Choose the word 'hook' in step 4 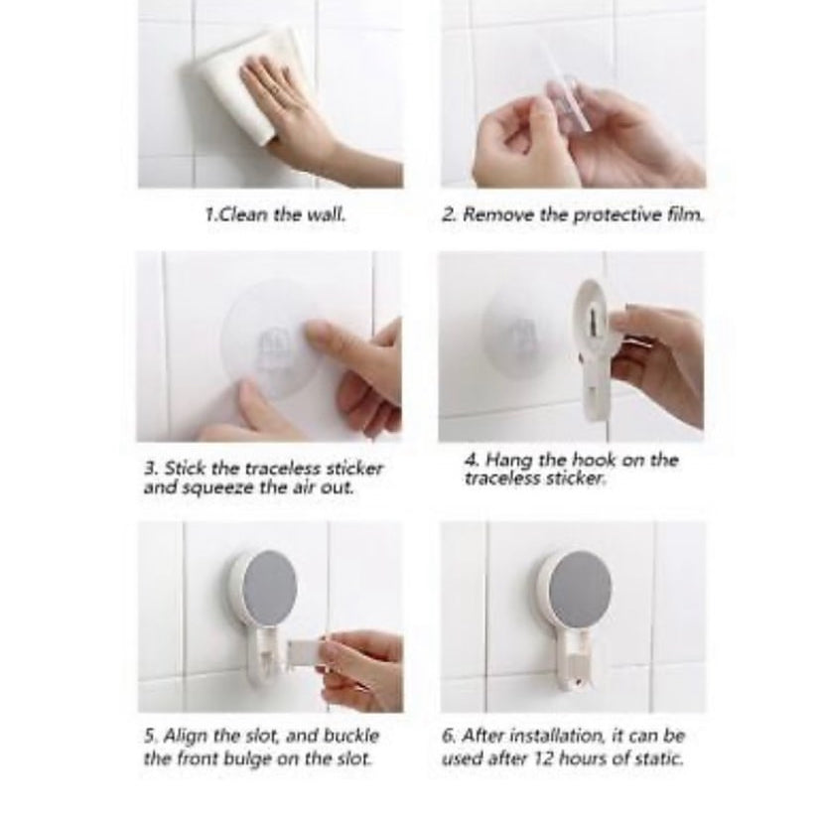pos(595,460)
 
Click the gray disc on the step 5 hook pos(270,587)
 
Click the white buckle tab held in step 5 pos(305,651)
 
